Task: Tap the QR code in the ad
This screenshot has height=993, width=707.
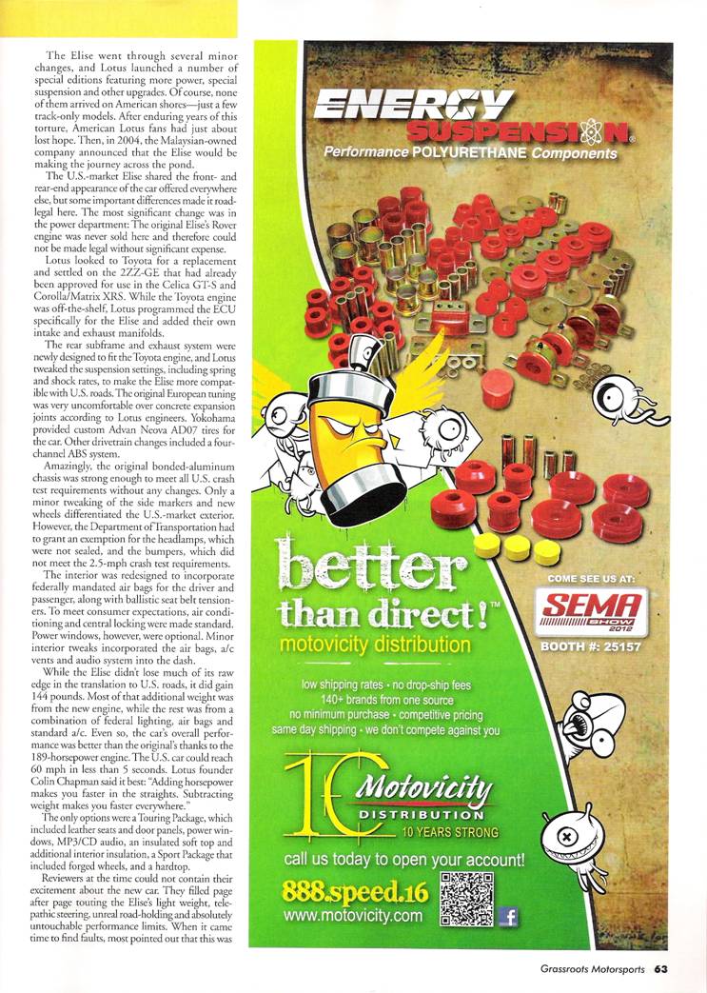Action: pos(468,900)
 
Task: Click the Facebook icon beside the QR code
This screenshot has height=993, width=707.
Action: pos(508,916)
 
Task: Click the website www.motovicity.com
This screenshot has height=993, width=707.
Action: pos(352,916)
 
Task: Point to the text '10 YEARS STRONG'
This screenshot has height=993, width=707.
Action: pos(448,832)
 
